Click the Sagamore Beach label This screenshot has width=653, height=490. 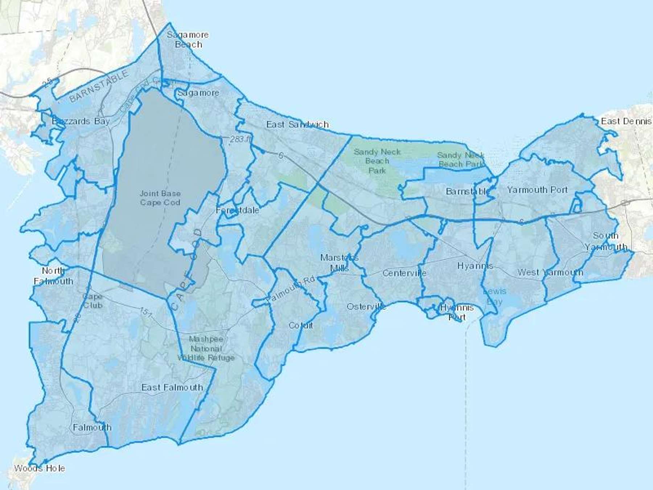(x=188, y=40)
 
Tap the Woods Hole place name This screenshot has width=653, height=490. (x=40, y=468)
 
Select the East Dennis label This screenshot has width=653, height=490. (x=626, y=121)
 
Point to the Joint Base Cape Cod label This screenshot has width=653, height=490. (x=160, y=198)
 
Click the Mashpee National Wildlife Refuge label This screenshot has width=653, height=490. (x=206, y=348)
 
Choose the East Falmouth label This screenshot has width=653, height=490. (x=172, y=388)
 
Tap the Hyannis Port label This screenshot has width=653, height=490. (x=457, y=312)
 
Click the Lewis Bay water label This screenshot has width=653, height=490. (x=494, y=296)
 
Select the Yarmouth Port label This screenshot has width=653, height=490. (x=537, y=190)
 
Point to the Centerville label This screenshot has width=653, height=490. (x=404, y=273)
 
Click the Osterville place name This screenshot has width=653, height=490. (x=366, y=307)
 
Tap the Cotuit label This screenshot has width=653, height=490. (x=301, y=325)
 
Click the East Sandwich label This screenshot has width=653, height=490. (x=297, y=124)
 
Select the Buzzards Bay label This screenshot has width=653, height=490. (x=81, y=121)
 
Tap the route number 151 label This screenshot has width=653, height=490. (x=145, y=312)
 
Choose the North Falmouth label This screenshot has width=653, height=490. (x=54, y=276)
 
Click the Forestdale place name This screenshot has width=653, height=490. (x=237, y=210)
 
